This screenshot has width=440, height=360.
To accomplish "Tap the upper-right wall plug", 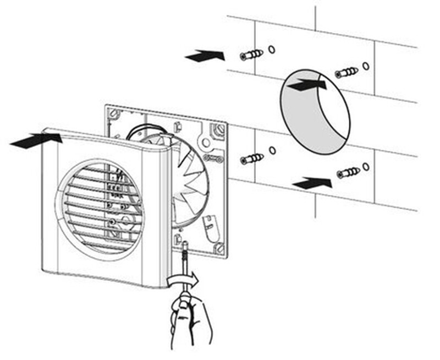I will pyautogui.click(x=346, y=72).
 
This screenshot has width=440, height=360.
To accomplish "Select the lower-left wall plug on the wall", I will pyautogui.click(x=252, y=160).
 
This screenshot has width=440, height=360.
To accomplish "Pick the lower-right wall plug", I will pyautogui.click(x=348, y=172).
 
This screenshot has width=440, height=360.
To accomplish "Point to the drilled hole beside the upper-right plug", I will pyautogui.click(x=366, y=66).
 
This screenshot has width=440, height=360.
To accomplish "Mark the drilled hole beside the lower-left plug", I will pyautogui.click(x=272, y=150).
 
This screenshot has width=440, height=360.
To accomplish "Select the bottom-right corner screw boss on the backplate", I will pyautogui.click(x=219, y=248).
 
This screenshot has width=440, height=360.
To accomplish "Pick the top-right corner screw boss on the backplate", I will pyautogui.click(x=219, y=130).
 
